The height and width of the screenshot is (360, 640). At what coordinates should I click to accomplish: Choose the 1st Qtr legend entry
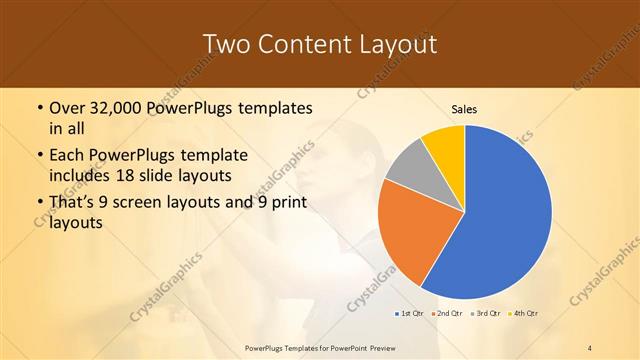click(x=408, y=314)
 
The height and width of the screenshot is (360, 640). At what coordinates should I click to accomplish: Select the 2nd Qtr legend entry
click(x=445, y=314)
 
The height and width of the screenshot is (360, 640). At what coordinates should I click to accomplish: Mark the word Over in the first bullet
click(x=68, y=107)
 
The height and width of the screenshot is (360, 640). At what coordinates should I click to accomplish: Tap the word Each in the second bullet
click(x=67, y=156)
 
